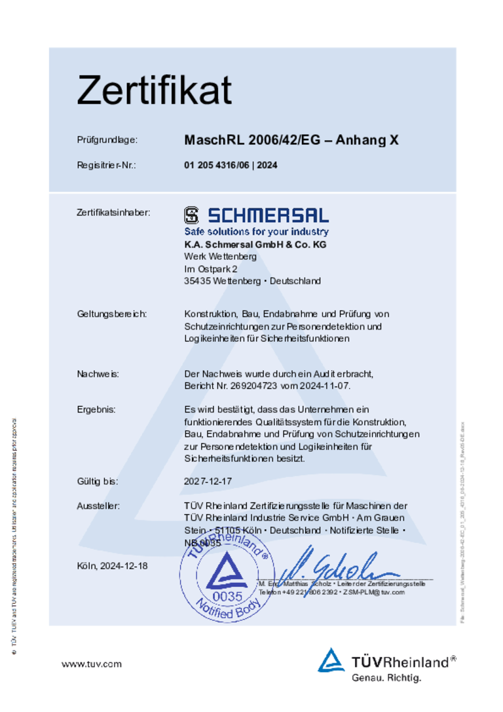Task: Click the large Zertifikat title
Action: coord(154,90)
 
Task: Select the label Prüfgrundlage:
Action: coord(107,140)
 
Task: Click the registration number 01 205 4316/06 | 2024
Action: coord(231,165)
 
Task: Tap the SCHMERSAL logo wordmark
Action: coord(256,215)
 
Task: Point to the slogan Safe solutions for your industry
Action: coord(256,232)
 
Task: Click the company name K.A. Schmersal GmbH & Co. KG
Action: coord(255,244)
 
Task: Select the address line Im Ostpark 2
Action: coord(211,269)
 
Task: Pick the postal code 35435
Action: coord(197,281)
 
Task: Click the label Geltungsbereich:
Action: coord(111,314)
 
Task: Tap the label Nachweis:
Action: coord(98,373)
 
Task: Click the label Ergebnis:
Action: coord(96,409)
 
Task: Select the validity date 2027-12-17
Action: coord(208,481)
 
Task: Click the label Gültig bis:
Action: coord(98,481)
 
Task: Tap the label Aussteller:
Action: coord(98,506)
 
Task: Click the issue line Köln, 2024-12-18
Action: coord(113,565)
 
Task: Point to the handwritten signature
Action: coord(327,564)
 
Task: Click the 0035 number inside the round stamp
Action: coord(227,596)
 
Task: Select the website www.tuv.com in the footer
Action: coord(92,664)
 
